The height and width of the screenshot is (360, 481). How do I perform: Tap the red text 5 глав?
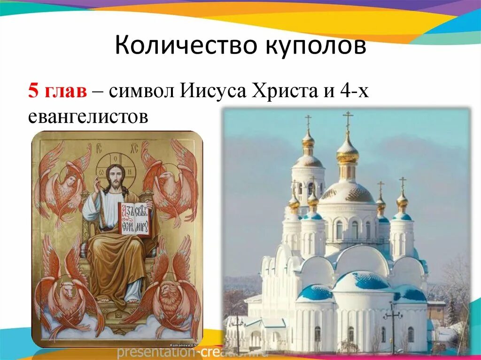point(57,91)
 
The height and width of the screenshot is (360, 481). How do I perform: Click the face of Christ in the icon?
point(114,176)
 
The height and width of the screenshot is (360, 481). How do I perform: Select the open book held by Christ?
point(135,219)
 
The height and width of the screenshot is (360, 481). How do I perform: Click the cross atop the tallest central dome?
point(348,119)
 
